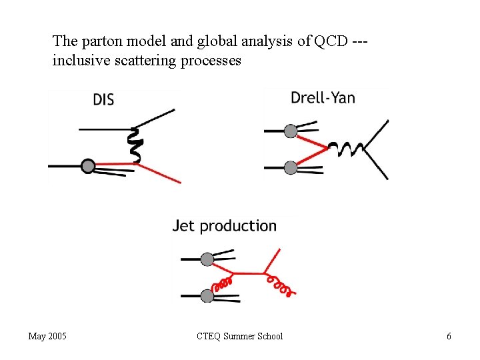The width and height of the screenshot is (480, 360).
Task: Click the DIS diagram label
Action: [x=103, y=100]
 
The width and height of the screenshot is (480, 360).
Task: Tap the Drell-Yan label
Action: [x=323, y=98]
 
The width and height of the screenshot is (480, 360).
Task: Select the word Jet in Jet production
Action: [x=184, y=226]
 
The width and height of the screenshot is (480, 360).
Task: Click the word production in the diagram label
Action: [x=238, y=227]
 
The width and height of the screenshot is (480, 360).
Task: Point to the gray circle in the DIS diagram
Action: [x=88, y=165]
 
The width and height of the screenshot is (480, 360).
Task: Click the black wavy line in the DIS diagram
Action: [x=135, y=146]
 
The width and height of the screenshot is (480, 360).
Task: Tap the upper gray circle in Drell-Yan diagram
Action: [x=291, y=131]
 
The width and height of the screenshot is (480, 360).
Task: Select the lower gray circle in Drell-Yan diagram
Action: [x=291, y=168]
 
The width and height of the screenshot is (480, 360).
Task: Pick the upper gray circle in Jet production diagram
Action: [x=207, y=259]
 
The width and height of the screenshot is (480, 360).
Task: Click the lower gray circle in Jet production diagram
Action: [x=207, y=295]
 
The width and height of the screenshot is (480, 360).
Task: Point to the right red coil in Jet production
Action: [x=280, y=286]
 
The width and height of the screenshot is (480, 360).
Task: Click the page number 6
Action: [x=449, y=336]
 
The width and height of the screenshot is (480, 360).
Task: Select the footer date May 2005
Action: [x=47, y=336]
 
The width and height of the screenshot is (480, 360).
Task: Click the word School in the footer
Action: [x=269, y=336]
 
